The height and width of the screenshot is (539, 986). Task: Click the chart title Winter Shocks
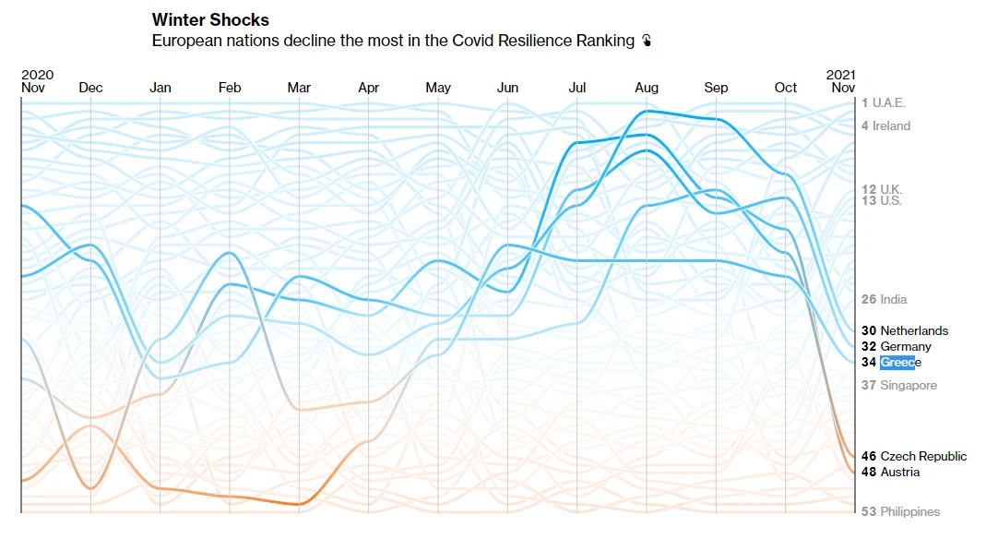coord(210,20)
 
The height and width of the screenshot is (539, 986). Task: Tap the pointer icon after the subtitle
coord(647,41)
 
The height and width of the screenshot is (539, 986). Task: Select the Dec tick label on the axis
coord(91,88)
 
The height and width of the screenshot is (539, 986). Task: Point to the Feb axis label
coord(230,88)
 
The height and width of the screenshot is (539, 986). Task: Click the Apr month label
coord(368,88)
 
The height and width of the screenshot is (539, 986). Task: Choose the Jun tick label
coord(507,88)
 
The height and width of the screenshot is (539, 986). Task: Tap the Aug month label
coord(647,88)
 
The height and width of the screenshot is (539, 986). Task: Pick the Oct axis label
coord(786,88)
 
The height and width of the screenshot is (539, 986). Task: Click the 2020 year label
coord(37,75)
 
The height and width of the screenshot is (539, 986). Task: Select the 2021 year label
coord(840,75)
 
